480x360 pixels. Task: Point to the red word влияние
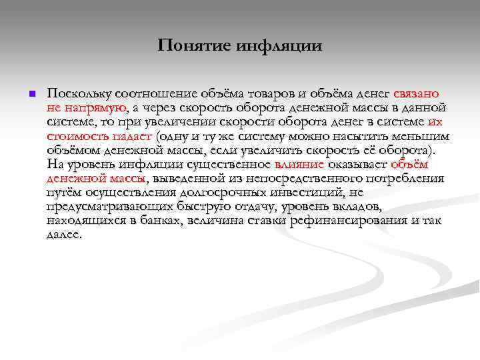pos(299,164)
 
